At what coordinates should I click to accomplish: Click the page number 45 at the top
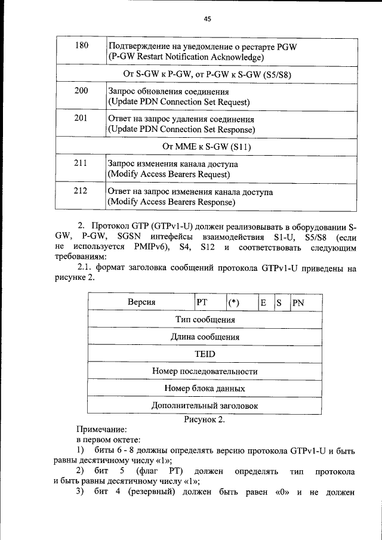[x=207, y=19]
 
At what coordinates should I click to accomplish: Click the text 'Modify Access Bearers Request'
[x=169, y=174]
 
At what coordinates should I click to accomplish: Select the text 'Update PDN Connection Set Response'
[x=181, y=129]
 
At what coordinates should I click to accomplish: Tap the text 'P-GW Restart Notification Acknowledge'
[x=186, y=57]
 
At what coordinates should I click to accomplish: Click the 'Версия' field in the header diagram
[x=141, y=303]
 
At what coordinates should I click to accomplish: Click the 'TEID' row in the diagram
[x=204, y=354]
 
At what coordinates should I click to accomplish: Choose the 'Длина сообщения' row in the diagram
[x=205, y=337]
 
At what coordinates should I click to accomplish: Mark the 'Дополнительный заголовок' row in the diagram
[x=205, y=406]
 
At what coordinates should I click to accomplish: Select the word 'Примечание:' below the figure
[x=101, y=430]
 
